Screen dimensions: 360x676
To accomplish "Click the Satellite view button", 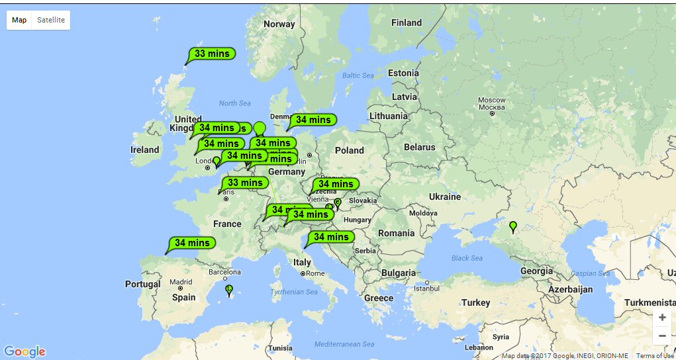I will pyautogui.click(x=51, y=20).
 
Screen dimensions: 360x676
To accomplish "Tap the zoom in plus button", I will pyautogui.click(x=662, y=317).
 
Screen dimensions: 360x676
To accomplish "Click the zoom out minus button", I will pyautogui.click(x=662, y=336).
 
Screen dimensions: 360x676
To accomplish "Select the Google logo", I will pyautogui.click(x=24, y=351).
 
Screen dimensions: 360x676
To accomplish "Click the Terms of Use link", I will pyautogui.click(x=655, y=356).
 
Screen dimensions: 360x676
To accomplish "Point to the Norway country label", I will pyautogui.click(x=279, y=24).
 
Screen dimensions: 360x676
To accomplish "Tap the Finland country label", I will pyautogui.click(x=406, y=22).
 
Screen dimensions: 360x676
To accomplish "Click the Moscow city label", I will pyautogui.click(x=492, y=104).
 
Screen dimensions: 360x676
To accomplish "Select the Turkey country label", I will pyautogui.click(x=475, y=302).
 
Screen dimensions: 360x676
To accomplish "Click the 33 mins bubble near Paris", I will pyautogui.click(x=245, y=183).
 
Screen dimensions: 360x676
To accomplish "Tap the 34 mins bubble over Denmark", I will pyautogui.click(x=313, y=120).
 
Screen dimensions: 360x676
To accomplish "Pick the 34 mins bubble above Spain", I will pyautogui.click(x=192, y=243).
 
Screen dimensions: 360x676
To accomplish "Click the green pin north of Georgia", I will pyautogui.click(x=513, y=226).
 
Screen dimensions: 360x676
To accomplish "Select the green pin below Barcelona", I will pyautogui.click(x=229, y=289).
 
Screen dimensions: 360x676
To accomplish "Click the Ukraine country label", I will pyautogui.click(x=444, y=197).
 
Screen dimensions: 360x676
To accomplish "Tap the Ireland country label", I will pyautogui.click(x=145, y=150).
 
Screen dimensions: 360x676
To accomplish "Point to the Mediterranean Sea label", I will pyautogui.click(x=344, y=344).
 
